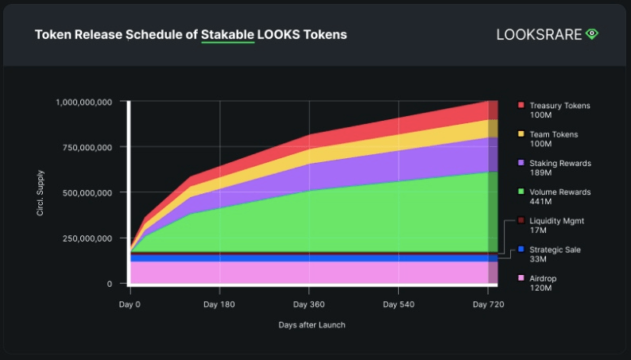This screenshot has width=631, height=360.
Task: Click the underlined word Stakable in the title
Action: (228, 35)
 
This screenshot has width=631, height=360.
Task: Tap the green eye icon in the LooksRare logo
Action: (591, 34)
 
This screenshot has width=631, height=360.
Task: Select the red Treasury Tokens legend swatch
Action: (521, 105)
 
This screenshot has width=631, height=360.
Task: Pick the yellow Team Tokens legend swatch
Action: (521, 134)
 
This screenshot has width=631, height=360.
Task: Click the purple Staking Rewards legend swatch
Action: (521, 162)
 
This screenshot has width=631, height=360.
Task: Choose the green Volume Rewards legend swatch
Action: (521, 192)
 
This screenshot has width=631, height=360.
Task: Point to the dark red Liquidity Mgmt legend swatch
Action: (521, 220)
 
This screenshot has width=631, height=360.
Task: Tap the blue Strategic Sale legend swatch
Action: (521, 249)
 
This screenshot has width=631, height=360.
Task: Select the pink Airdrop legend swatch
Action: (521, 277)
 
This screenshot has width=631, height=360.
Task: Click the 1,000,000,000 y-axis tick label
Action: (83, 102)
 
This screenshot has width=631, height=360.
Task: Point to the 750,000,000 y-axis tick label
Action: (88, 147)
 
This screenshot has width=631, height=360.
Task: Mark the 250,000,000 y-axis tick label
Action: (88, 238)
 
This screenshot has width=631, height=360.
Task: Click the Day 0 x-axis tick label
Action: (130, 304)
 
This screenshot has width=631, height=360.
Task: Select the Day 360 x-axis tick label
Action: (308, 304)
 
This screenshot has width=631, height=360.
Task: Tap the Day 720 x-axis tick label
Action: (486, 304)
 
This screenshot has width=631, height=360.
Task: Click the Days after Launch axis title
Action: (312, 325)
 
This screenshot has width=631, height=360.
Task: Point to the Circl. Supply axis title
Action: (40, 192)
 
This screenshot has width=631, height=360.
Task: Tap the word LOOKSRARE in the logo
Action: (539, 35)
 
